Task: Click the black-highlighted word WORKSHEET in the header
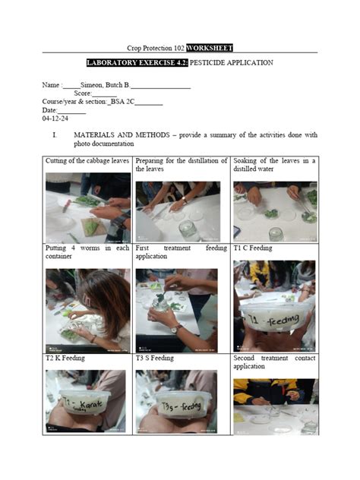point(209,47)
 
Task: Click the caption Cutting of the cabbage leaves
point(87,161)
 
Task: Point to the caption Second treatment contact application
point(274,362)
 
